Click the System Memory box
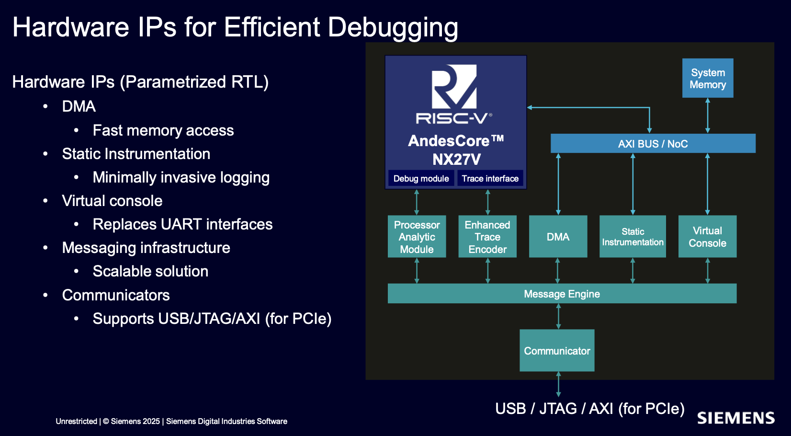(x=708, y=78)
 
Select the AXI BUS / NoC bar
(x=653, y=143)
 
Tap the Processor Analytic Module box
(x=417, y=236)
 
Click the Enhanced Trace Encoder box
(x=487, y=236)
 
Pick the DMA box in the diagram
(x=558, y=236)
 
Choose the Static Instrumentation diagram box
(x=633, y=236)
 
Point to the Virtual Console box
(x=707, y=236)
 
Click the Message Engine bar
(x=562, y=293)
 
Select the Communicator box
(x=557, y=351)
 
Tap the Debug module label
(x=421, y=178)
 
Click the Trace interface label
(x=490, y=178)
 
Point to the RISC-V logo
(x=454, y=94)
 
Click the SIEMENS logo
(x=736, y=418)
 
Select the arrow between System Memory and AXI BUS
(x=708, y=115)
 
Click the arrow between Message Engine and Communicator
(x=558, y=316)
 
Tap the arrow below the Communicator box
(x=558, y=384)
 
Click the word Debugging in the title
(x=393, y=28)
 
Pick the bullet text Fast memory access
(x=163, y=130)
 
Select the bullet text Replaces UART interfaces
(x=182, y=224)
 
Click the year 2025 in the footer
(x=150, y=421)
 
